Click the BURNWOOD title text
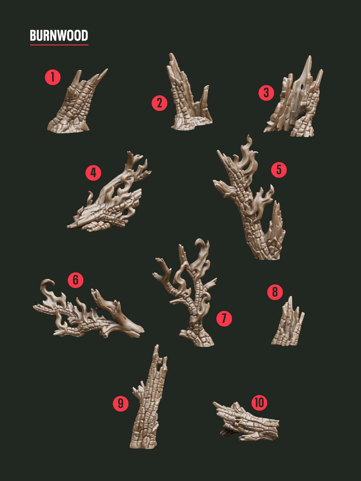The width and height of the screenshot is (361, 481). pyautogui.click(x=59, y=35)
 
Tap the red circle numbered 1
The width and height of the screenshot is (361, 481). pyautogui.click(x=53, y=77)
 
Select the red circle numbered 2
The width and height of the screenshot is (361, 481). pyautogui.click(x=159, y=103)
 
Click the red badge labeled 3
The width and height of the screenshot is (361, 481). pyautogui.click(x=266, y=93)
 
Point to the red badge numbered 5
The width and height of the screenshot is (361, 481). pyautogui.click(x=279, y=170)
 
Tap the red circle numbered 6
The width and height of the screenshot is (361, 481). pyautogui.click(x=75, y=280)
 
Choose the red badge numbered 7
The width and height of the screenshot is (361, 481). pyautogui.click(x=224, y=318)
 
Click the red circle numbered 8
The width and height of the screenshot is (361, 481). pyautogui.click(x=275, y=292)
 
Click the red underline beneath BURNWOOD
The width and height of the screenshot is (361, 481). pyautogui.click(x=59, y=45)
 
